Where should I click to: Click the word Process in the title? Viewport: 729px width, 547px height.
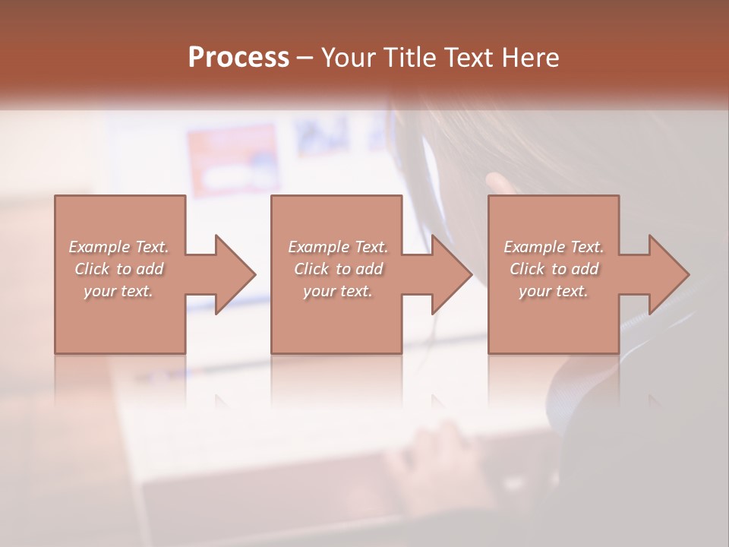click(x=238, y=58)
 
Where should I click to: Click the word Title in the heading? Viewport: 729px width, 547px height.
click(x=403, y=58)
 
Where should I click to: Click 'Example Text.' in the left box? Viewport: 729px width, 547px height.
click(x=118, y=247)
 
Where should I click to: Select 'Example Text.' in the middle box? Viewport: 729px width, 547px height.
click(x=338, y=247)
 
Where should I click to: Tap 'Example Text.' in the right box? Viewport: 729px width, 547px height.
click(x=554, y=247)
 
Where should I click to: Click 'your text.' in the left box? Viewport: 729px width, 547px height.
click(x=118, y=291)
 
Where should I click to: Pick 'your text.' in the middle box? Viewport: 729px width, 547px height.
click(x=338, y=291)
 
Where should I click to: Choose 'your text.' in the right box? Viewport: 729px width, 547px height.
click(x=554, y=291)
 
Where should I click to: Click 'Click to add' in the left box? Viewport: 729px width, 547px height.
click(x=118, y=269)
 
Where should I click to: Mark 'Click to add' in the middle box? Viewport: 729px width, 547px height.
click(x=338, y=269)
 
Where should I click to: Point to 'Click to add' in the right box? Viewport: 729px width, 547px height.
click(x=554, y=269)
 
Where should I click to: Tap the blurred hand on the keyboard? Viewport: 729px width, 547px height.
click(x=425, y=463)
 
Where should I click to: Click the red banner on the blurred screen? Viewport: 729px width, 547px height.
click(x=232, y=160)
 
